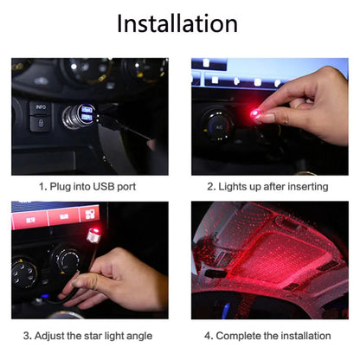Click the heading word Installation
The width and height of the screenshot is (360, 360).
[177, 24]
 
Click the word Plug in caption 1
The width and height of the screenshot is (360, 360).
[61, 186]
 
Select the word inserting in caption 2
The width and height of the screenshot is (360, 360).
[307, 186]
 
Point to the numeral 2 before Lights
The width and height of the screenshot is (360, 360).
[209, 186]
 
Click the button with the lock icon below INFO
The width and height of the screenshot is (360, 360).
[40, 125]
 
